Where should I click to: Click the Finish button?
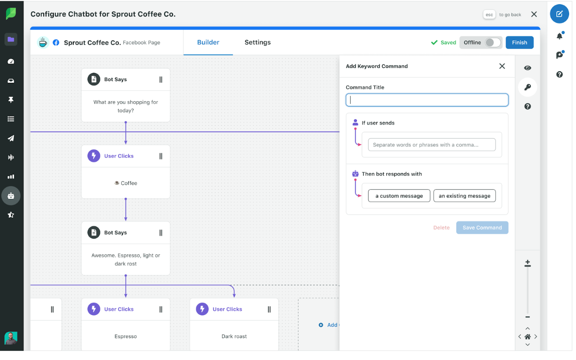pyautogui.click(x=519, y=42)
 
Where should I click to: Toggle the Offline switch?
pyautogui.click(x=493, y=42)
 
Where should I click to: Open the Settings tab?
pyautogui.click(x=257, y=42)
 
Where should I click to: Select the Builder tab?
pyautogui.click(x=208, y=42)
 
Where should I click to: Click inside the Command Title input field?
pyautogui.click(x=427, y=100)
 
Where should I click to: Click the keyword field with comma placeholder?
pyautogui.click(x=432, y=145)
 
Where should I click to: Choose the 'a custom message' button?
pyautogui.click(x=399, y=196)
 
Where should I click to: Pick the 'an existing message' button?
pyautogui.click(x=464, y=196)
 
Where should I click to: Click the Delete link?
pyautogui.click(x=441, y=227)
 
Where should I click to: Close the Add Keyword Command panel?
pyautogui.click(x=502, y=66)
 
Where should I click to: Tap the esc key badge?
pyautogui.click(x=489, y=15)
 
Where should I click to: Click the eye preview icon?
pyautogui.click(x=527, y=68)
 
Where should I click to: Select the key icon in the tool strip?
pyautogui.click(x=527, y=87)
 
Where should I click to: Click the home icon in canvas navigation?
pyautogui.click(x=527, y=337)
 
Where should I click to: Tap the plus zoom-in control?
pyautogui.click(x=527, y=262)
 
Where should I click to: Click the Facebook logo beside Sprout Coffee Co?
pyautogui.click(x=56, y=42)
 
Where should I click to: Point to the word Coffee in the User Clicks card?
pyautogui.click(x=129, y=183)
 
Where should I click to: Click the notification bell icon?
pyautogui.click(x=559, y=36)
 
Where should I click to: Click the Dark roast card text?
pyautogui.click(x=234, y=337)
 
